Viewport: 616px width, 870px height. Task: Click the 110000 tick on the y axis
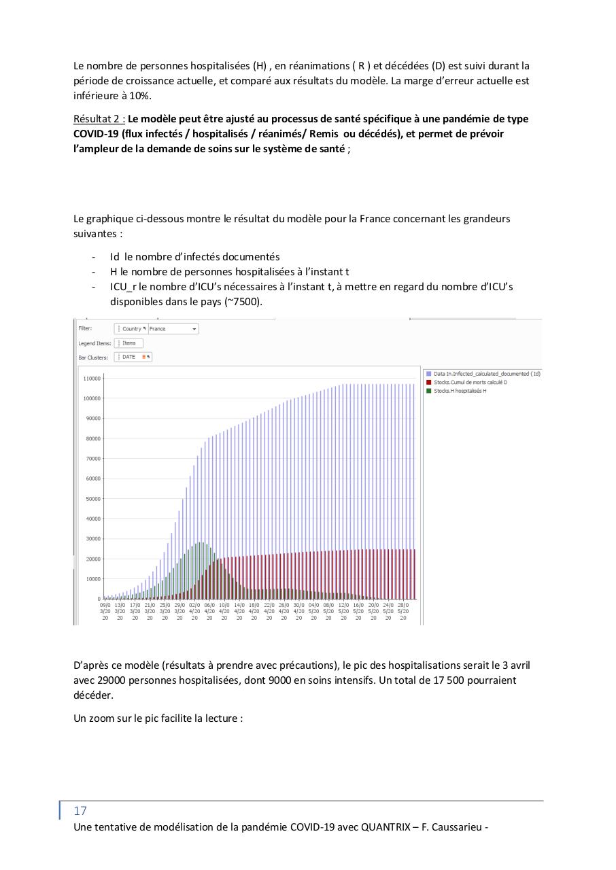pos(92,378)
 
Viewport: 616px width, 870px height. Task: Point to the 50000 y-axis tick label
pos(92,498)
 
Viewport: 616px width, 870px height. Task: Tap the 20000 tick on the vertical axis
pos(92,559)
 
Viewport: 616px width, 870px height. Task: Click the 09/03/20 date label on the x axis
pos(105,610)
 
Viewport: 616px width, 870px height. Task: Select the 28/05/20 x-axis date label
pos(403,610)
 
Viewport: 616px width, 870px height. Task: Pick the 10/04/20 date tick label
pos(224,610)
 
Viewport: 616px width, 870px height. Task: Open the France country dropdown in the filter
pos(173,328)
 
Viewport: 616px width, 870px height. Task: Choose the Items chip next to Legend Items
pos(129,343)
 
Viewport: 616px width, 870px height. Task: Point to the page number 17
pos(80,811)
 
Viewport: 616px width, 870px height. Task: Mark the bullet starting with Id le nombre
pos(194,257)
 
